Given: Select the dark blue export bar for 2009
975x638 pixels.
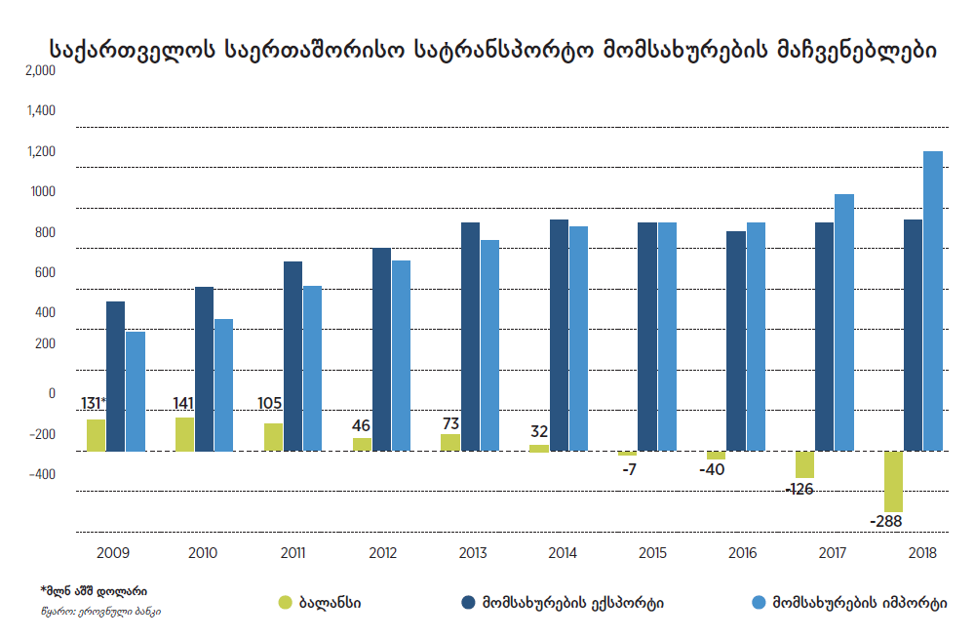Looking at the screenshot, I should point(115,376).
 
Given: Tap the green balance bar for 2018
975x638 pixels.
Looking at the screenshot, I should point(893,481).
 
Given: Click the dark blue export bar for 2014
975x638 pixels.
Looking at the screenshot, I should point(559,335).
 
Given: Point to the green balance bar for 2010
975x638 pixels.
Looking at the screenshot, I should point(184,434).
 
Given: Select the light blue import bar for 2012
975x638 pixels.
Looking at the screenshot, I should point(401,355).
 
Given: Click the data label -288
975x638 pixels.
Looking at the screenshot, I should point(886,521).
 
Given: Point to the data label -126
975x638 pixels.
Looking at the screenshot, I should point(799,488).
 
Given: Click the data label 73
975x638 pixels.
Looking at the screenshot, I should point(450,423).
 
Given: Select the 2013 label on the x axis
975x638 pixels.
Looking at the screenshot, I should point(472,553).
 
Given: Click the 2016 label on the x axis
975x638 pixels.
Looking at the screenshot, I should point(742,553).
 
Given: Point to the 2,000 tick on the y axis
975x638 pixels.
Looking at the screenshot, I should point(42,70).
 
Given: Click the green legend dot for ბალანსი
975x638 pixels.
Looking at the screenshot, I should point(286,602).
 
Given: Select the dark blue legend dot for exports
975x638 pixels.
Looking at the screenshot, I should point(467,602).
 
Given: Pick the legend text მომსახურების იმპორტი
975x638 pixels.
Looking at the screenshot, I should point(859,602).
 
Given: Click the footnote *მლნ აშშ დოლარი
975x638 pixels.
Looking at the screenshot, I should point(94,591).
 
